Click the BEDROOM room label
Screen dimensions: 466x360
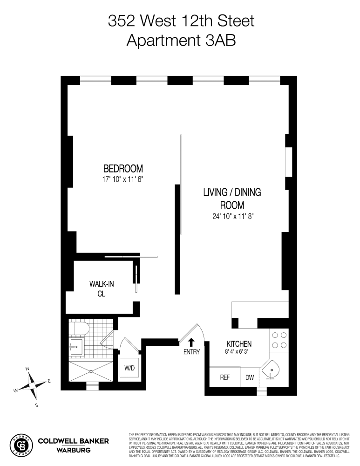[123, 168]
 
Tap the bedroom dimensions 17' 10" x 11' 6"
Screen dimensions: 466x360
[123, 179]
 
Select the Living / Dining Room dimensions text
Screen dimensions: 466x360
[231, 216]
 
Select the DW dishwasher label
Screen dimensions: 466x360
[250, 377]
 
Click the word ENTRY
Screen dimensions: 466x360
[191, 352]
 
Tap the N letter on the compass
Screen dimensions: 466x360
[27, 369]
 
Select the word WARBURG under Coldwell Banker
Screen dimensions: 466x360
[73, 450]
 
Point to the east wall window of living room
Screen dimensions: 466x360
[289, 162]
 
